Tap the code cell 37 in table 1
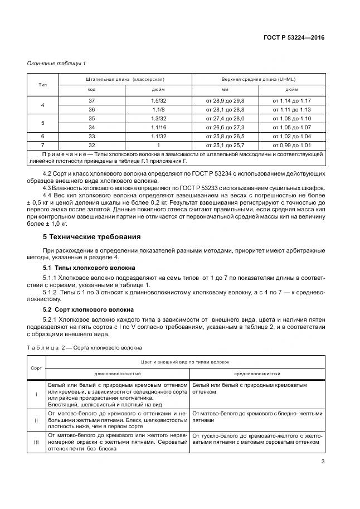pos(92,100)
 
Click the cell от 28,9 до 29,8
pos(225,100)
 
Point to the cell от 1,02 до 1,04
pos(291,136)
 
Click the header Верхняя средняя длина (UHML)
pos(259,79)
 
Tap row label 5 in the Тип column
pos(43,123)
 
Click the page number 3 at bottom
pos(323,461)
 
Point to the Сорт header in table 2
pos(36,367)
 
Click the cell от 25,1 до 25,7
pos(225,145)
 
